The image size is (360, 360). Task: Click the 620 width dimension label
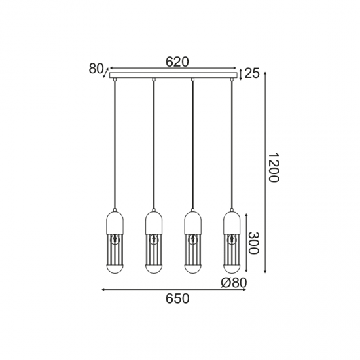[177, 62]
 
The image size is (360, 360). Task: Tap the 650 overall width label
[177, 298]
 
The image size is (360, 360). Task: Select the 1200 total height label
[274, 168]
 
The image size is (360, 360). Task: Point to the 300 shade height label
[254, 243]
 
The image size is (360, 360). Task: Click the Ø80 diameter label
[234, 283]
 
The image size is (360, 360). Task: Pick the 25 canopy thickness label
[252, 73]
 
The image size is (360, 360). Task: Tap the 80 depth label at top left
[96, 69]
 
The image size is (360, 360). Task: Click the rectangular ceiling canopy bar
[173, 75]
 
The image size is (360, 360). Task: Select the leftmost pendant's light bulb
[115, 239]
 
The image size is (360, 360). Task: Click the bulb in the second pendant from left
[154, 239]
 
